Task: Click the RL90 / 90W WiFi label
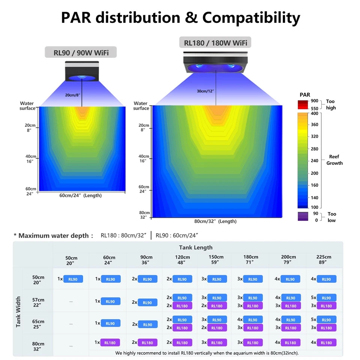81,52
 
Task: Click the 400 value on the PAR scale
314,114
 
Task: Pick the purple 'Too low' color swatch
303,216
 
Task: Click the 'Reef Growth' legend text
334,160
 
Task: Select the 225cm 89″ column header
324,259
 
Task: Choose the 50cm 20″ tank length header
71,260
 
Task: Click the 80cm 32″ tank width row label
38,346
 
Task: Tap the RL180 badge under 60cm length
110,342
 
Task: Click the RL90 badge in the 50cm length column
73,279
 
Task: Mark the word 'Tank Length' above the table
196,247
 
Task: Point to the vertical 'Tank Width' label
19,312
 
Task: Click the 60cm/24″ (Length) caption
80,195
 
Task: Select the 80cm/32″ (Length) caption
215,221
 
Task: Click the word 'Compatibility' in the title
251,18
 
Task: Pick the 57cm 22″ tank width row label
38,302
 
